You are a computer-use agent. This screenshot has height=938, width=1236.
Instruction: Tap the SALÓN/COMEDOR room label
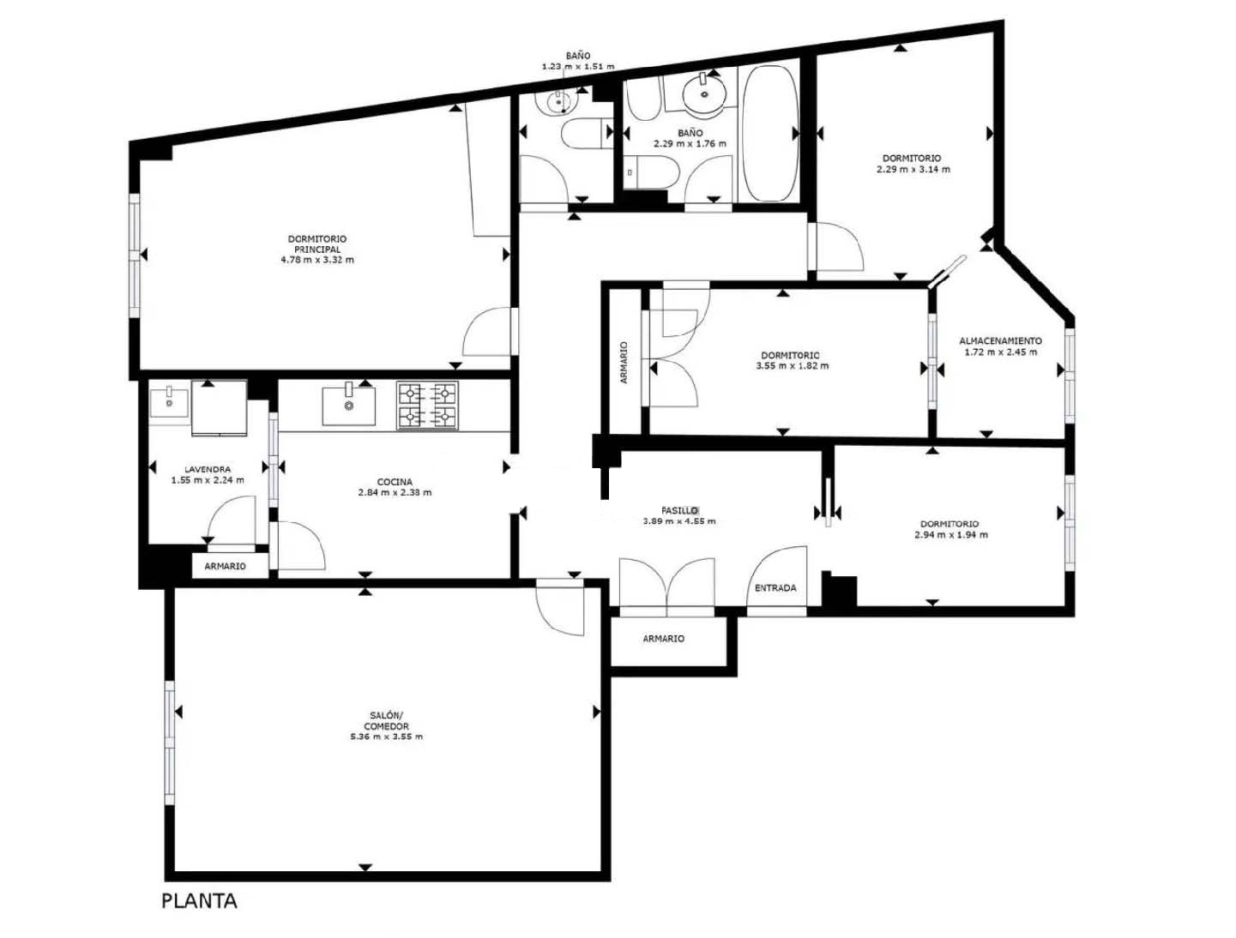tap(386, 720)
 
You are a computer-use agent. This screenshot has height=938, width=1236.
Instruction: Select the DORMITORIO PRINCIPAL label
tap(317, 244)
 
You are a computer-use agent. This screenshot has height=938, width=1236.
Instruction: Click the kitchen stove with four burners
tap(427, 406)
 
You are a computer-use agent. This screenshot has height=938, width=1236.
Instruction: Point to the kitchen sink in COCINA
tap(348, 405)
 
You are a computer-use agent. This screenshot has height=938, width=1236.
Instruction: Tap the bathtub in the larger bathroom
tap(769, 134)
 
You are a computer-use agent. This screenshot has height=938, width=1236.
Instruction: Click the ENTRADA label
tap(775, 588)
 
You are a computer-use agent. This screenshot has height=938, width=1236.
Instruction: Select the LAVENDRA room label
tap(208, 469)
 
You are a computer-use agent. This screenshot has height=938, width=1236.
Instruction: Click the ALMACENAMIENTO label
tap(1000, 341)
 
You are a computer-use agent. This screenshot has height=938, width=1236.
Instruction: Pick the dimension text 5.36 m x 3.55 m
tap(386, 737)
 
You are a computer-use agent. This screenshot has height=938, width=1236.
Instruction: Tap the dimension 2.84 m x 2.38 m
tap(395, 492)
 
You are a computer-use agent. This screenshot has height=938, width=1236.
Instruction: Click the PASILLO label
tap(679, 510)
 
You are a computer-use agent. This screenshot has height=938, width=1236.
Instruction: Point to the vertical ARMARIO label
tap(624, 363)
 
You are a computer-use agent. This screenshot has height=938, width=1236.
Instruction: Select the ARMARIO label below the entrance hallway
tap(663, 639)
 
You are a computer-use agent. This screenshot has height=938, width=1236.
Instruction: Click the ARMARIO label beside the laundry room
tap(225, 566)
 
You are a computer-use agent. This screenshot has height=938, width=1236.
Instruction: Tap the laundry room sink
tap(169, 401)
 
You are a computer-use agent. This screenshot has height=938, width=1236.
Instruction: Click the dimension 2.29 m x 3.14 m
tap(913, 169)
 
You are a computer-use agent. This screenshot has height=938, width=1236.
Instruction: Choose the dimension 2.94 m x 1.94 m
tap(951, 534)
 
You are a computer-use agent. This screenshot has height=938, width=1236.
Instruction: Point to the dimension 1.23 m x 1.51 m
tap(578, 66)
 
